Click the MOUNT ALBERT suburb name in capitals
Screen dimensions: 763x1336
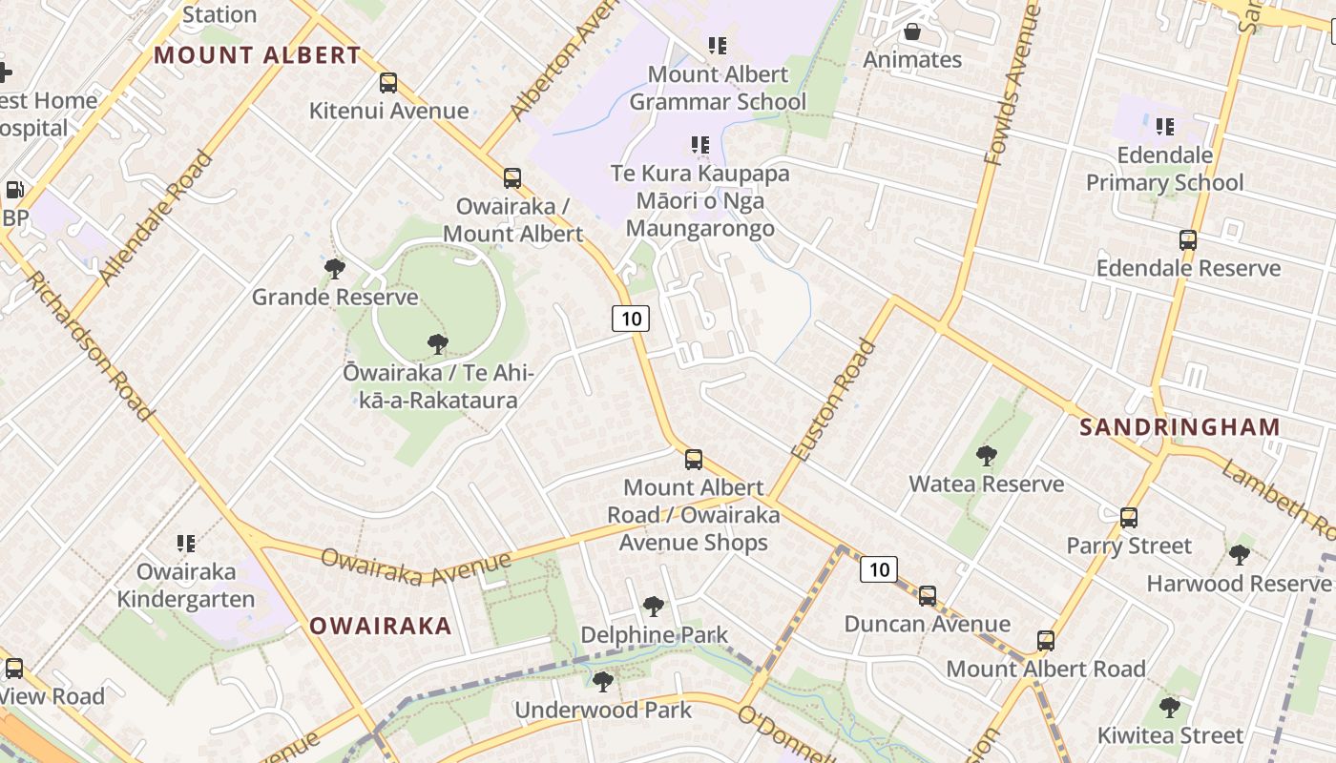point(258,55)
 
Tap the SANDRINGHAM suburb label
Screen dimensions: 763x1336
point(1179,427)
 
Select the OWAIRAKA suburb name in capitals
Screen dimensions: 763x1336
point(381,627)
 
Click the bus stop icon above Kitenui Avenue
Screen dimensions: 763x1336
point(387,83)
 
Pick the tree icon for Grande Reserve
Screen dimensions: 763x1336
point(334,269)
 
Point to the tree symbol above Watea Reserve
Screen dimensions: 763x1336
point(986,456)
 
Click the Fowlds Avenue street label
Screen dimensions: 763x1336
point(1011,86)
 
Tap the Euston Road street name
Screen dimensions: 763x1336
point(833,402)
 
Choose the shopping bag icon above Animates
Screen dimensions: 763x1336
point(912,32)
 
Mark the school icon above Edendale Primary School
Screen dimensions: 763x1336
point(1164,127)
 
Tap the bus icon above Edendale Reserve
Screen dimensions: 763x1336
point(1188,240)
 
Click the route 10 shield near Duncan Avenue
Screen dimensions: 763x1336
point(878,570)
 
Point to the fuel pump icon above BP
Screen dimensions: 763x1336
point(14,190)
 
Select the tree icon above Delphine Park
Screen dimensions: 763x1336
point(654,606)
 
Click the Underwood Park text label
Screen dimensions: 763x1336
point(603,711)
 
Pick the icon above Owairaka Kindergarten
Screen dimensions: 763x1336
point(186,544)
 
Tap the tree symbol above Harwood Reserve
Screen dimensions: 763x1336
point(1240,554)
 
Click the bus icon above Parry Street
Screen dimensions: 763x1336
point(1129,518)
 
